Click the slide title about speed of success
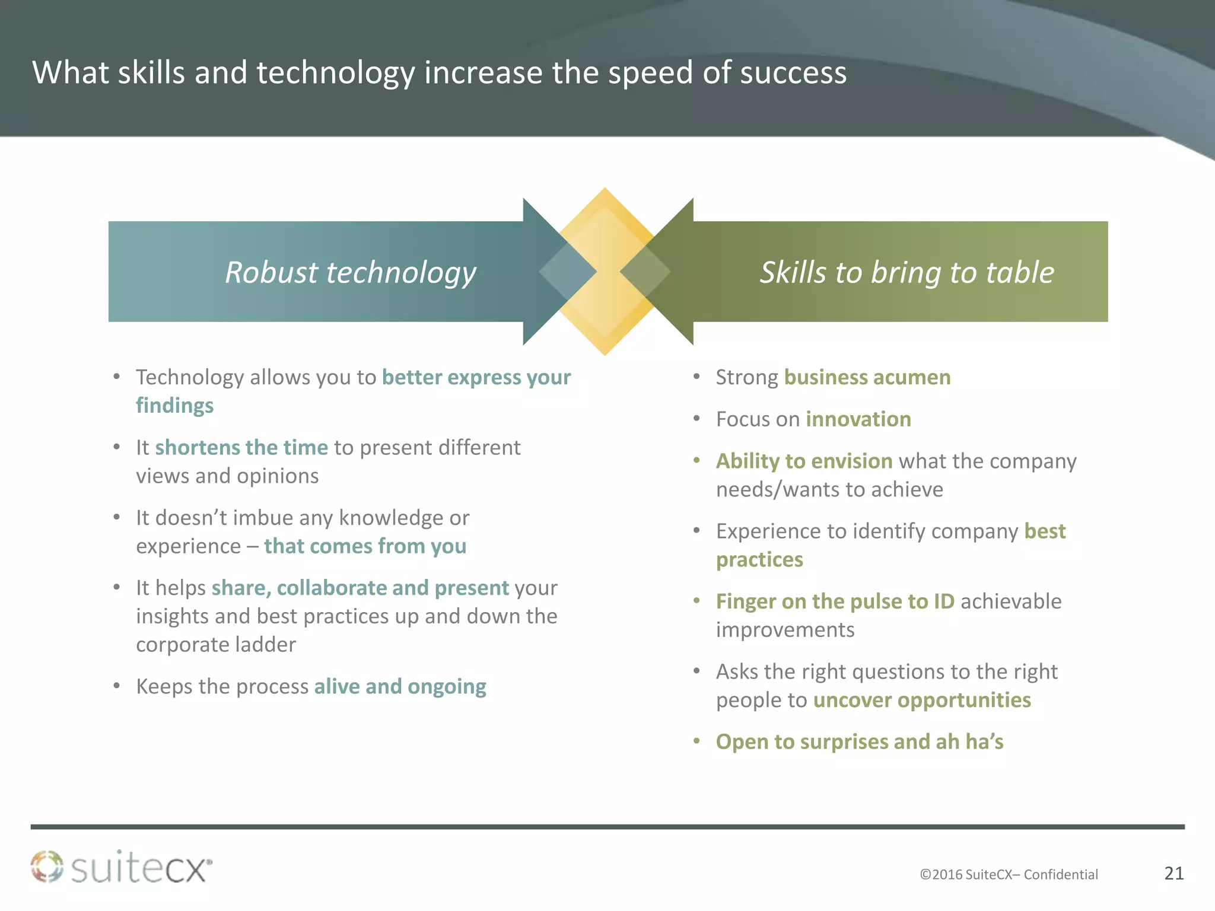point(439,73)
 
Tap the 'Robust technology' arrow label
point(350,272)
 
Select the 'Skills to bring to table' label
point(907,272)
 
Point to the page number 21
point(1174,873)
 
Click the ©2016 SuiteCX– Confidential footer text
point(1009,874)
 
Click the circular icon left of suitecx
point(47,867)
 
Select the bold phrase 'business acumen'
point(867,377)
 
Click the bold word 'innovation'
point(858,419)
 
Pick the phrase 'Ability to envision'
point(804,461)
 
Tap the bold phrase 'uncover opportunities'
point(921,700)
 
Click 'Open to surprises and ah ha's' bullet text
point(859,742)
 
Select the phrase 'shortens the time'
point(241,448)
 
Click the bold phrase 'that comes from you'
point(365,546)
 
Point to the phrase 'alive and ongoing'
point(400,687)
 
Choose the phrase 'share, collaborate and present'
point(360,588)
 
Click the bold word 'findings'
point(174,406)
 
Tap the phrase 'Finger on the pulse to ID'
point(835,601)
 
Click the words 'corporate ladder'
point(216,645)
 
